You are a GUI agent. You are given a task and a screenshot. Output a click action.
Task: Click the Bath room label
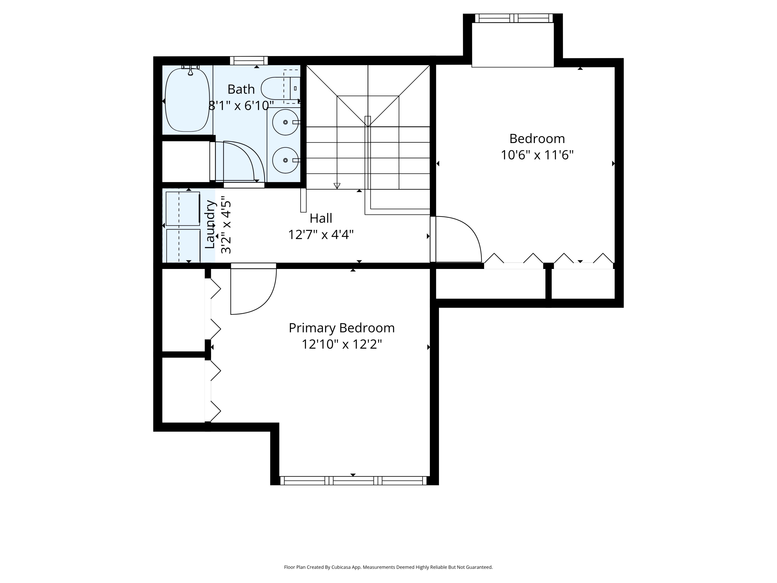coord(241,89)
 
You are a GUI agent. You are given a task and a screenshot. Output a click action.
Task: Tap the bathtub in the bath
coord(187,100)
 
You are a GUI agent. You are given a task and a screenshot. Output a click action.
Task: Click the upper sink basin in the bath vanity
coord(285,122)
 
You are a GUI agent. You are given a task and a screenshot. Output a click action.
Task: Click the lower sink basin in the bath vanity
coord(285,160)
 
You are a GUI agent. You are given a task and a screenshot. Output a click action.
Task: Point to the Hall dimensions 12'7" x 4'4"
coord(321,234)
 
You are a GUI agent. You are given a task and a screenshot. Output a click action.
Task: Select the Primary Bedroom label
coord(341,328)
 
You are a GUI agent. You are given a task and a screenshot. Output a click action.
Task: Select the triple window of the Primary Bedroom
coord(353,480)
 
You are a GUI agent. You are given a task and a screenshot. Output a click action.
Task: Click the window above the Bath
coord(249,60)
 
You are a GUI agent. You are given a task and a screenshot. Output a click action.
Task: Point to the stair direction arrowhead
coord(337,186)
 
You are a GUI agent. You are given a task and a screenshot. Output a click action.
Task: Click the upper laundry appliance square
coord(183,208)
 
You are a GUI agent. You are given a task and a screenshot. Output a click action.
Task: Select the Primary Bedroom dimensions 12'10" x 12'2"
coord(341,344)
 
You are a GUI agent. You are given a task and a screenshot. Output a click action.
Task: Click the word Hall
coord(321,218)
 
